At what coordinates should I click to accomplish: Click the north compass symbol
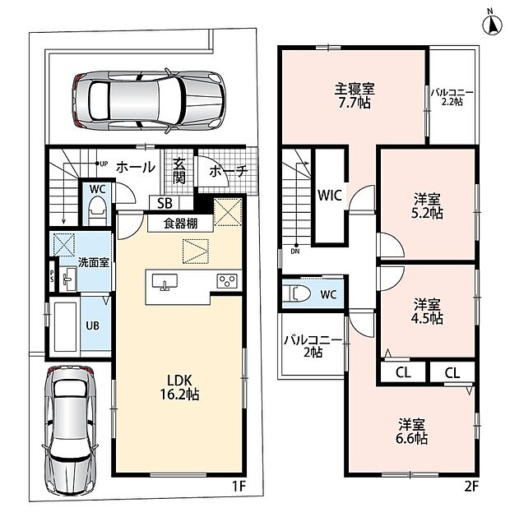492,25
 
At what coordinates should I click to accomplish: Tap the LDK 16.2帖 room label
179,388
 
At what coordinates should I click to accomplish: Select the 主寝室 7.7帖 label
355,95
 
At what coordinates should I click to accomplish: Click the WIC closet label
329,196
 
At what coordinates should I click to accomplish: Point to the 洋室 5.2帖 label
427,206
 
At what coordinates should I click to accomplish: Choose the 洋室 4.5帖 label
427,311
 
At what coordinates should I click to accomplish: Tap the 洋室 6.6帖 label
411,431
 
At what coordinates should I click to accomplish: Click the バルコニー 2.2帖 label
452,97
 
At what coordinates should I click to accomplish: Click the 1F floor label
239,486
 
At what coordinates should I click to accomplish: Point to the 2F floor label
471,487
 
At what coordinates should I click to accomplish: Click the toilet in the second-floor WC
297,294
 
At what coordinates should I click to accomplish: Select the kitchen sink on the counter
165,281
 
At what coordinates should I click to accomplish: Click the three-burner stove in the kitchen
227,281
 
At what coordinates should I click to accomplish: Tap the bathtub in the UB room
65,327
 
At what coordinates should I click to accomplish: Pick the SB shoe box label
165,203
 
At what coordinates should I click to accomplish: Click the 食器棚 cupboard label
180,224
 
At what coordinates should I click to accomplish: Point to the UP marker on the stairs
101,164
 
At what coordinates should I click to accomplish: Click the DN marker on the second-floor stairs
295,249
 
